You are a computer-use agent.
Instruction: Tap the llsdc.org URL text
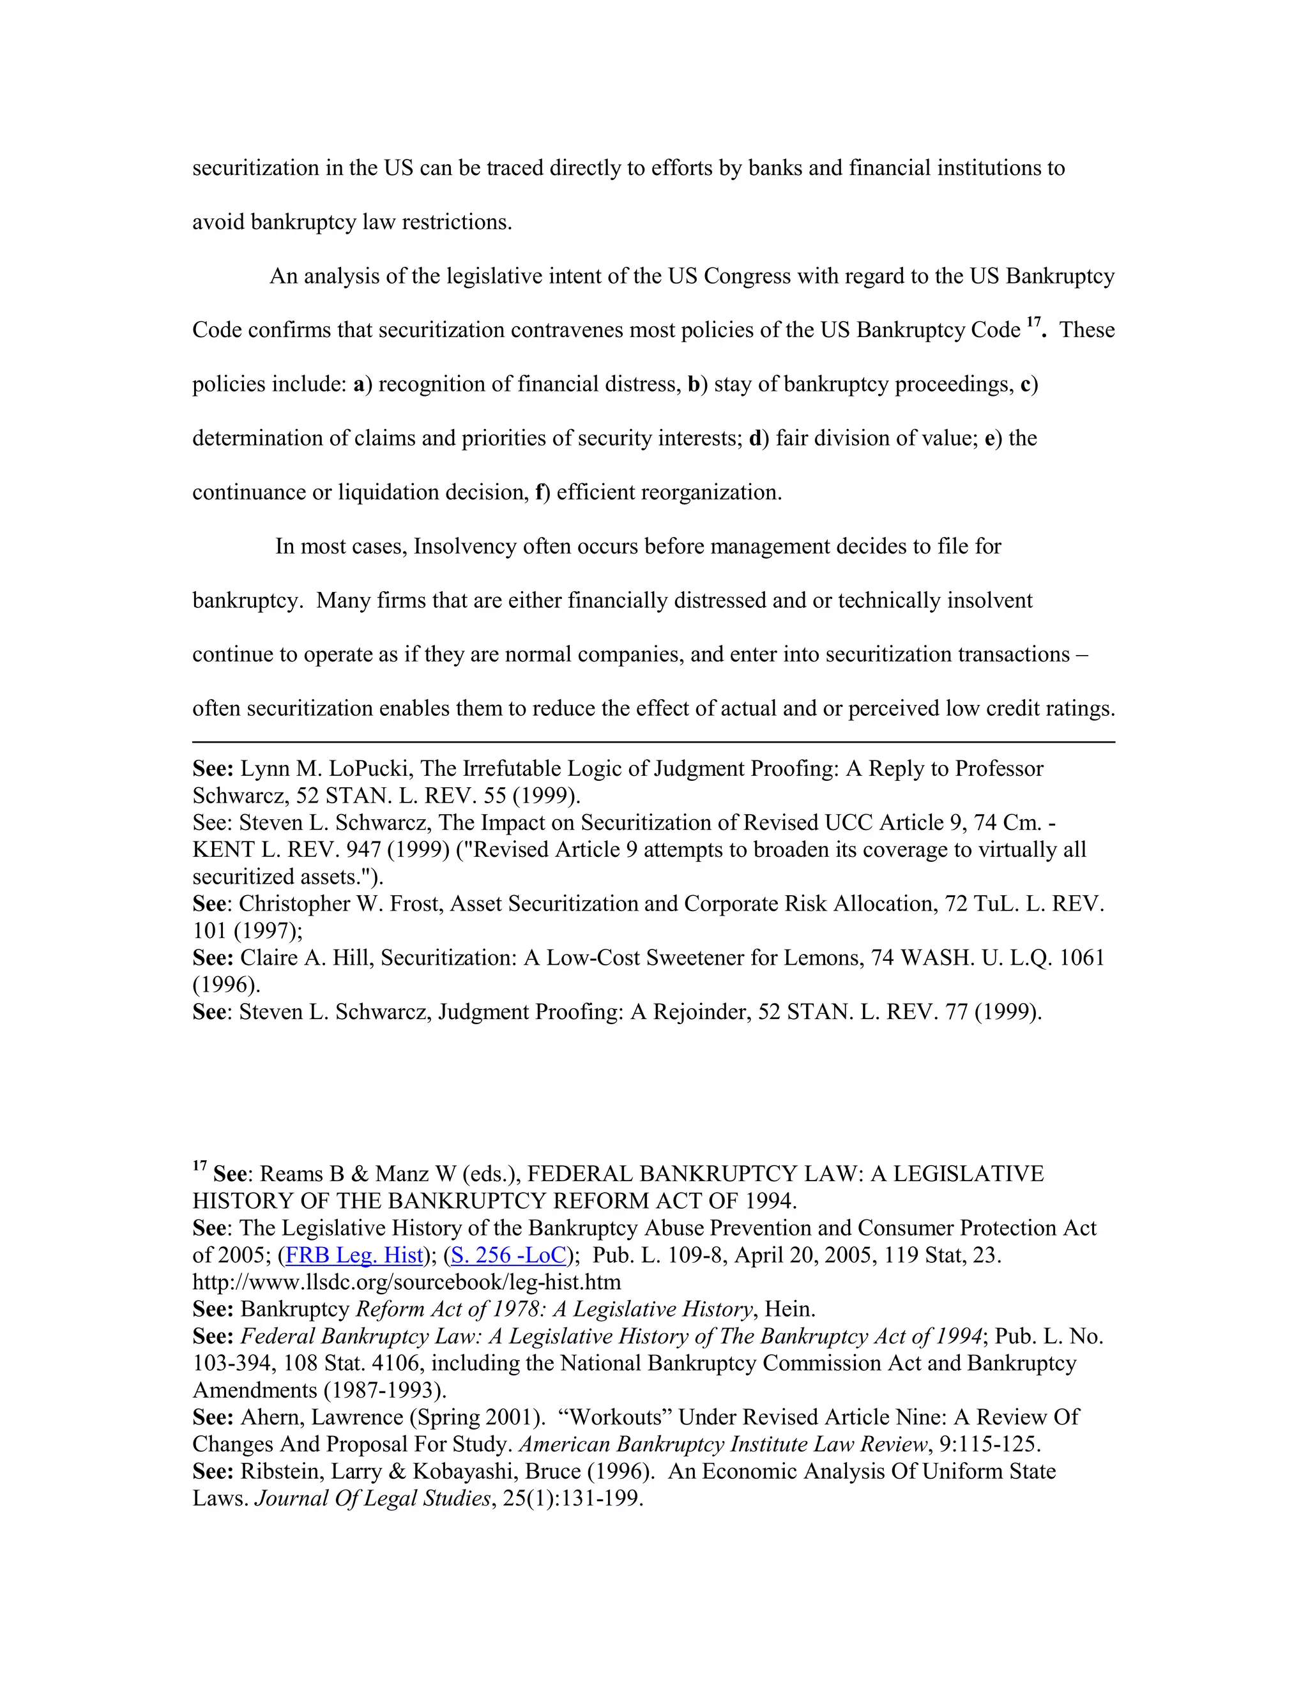pyautogui.click(x=407, y=1282)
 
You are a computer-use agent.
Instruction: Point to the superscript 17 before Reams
pyautogui.click(x=199, y=1166)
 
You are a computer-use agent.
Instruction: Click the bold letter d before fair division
pyautogui.click(x=756, y=439)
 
